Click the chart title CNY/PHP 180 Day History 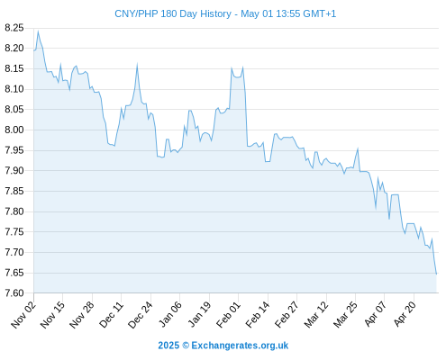173,13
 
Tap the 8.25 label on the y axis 14,28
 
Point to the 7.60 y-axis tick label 14,293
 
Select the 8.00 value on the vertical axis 14,130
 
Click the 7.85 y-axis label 14,191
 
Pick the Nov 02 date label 23,315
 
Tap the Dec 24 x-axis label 141,315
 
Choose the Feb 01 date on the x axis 229,315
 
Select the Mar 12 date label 316,315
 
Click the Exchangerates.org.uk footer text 240,346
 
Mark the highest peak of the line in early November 38,31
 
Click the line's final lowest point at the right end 436,274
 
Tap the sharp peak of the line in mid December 137,65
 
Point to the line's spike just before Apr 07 378,178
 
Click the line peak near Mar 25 358,148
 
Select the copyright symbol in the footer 186,346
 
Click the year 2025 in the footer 168,346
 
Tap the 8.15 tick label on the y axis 14,68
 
